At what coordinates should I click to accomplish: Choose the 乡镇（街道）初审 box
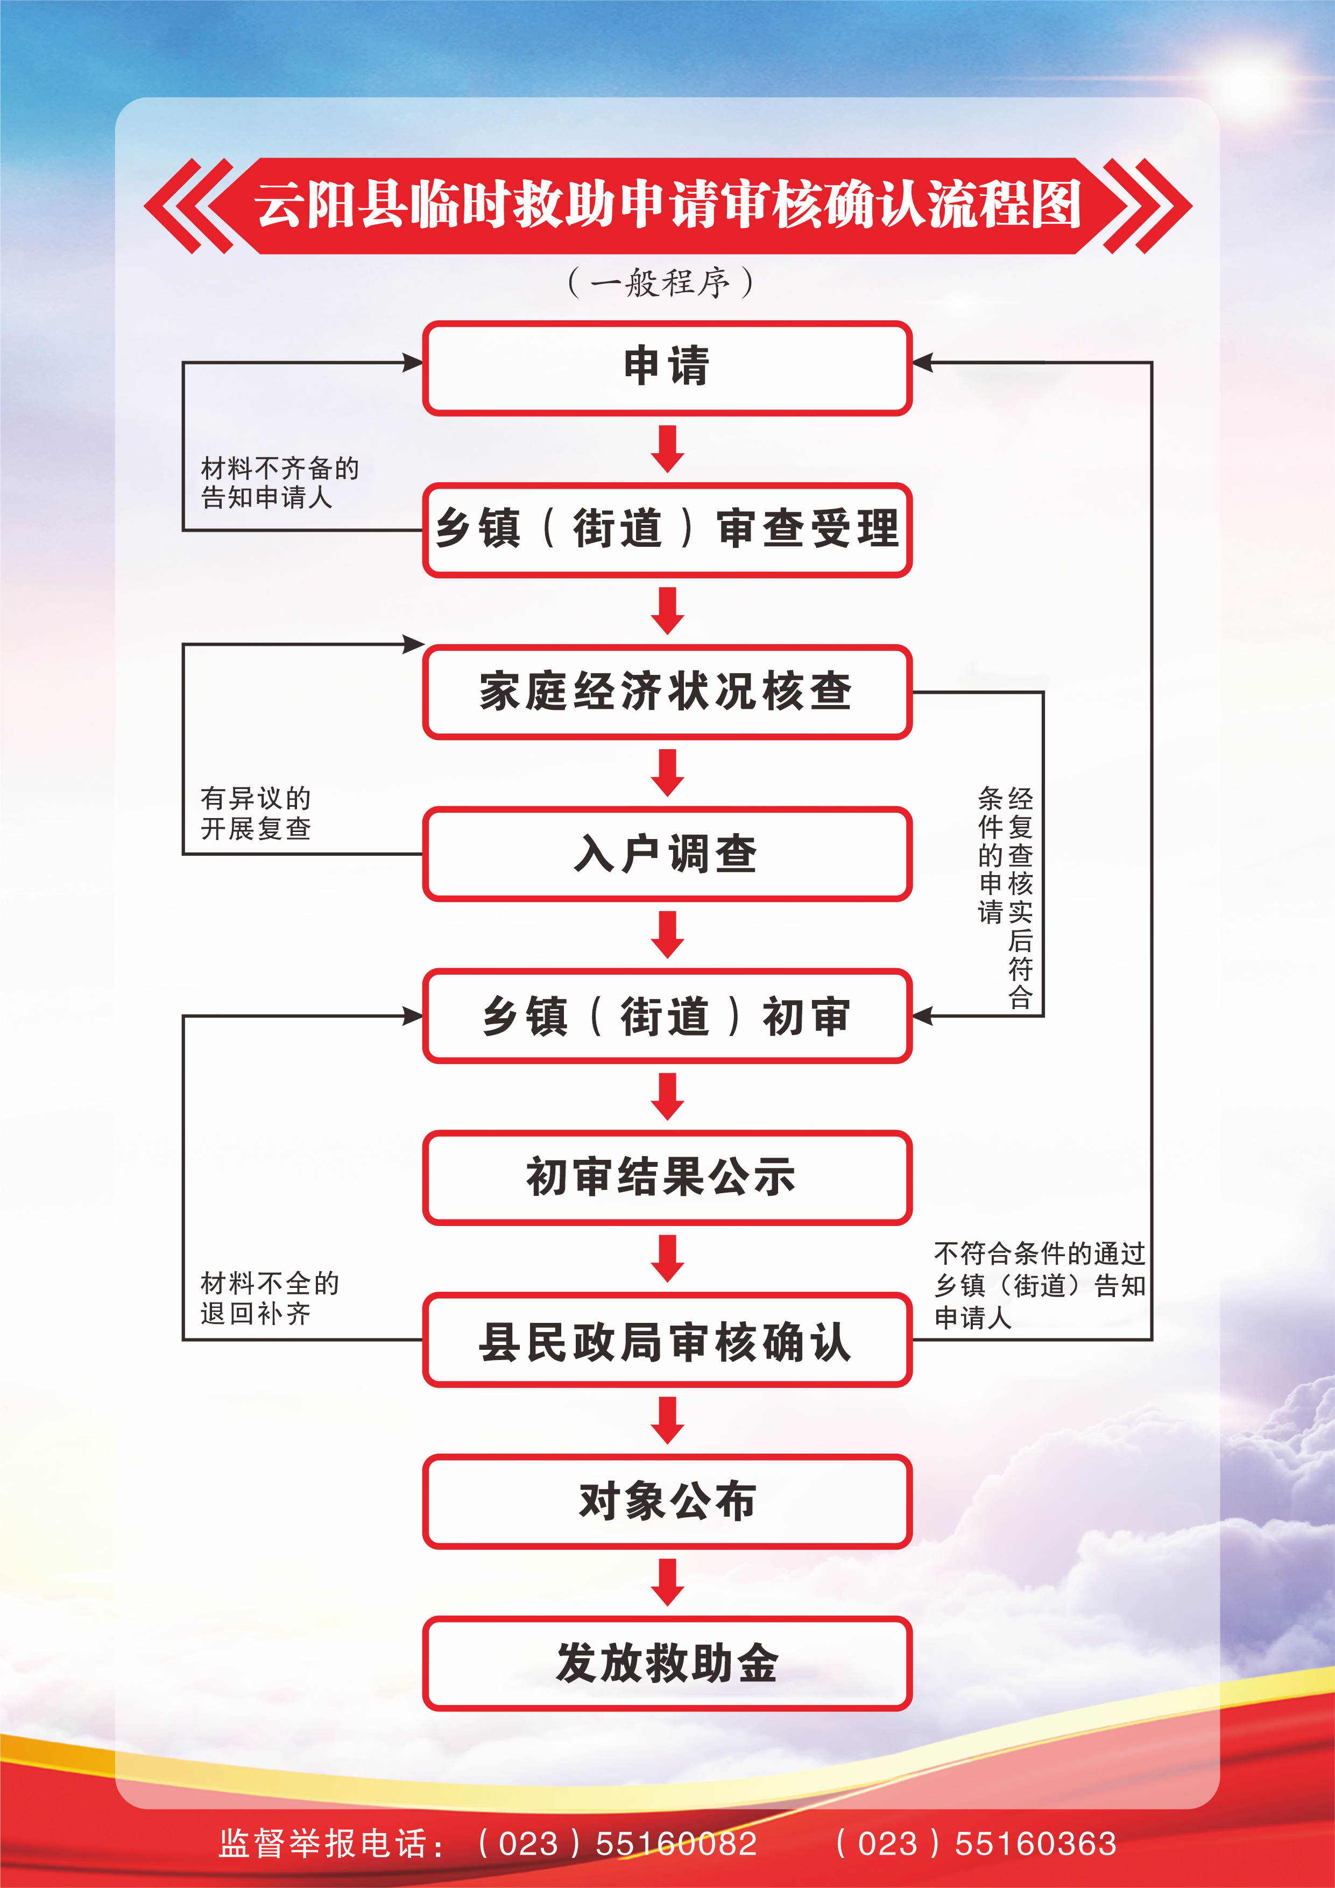click(667, 1016)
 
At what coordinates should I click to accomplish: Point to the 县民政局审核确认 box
click(667, 1340)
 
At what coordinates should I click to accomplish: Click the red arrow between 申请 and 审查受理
click(667, 448)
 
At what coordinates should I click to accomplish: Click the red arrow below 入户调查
click(667, 934)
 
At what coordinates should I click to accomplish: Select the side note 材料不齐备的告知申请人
click(279, 483)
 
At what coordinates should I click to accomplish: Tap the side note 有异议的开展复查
click(256, 813)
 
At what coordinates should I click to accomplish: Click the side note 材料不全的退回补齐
click(269, 1298)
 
